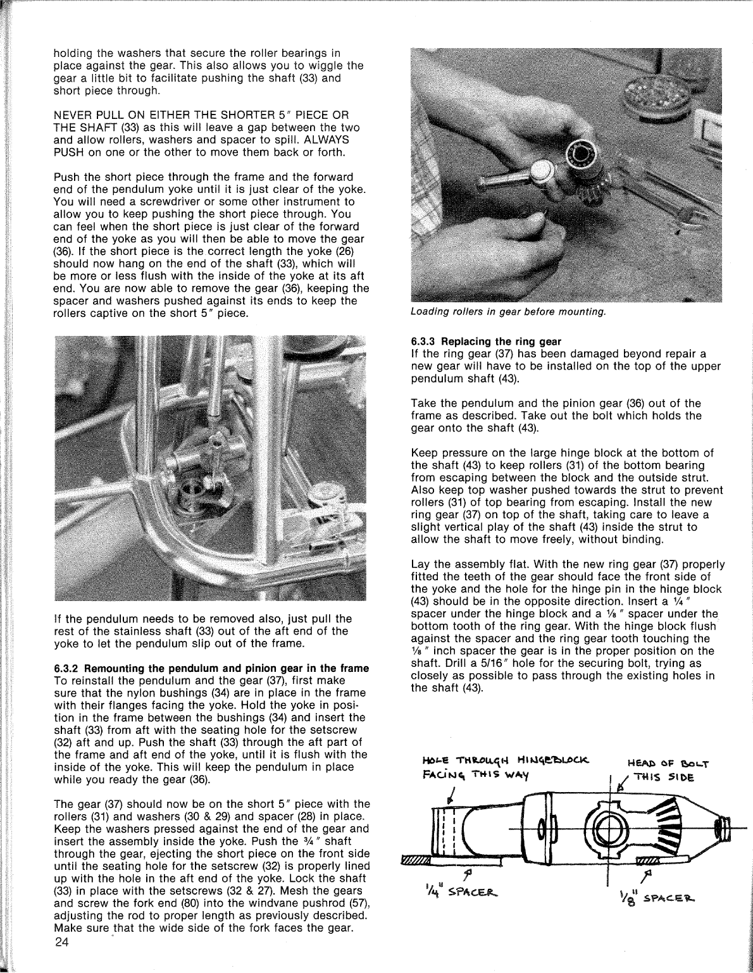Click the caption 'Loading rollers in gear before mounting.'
[x=508, y=311]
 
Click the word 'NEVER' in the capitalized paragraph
[x=73, y=115]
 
